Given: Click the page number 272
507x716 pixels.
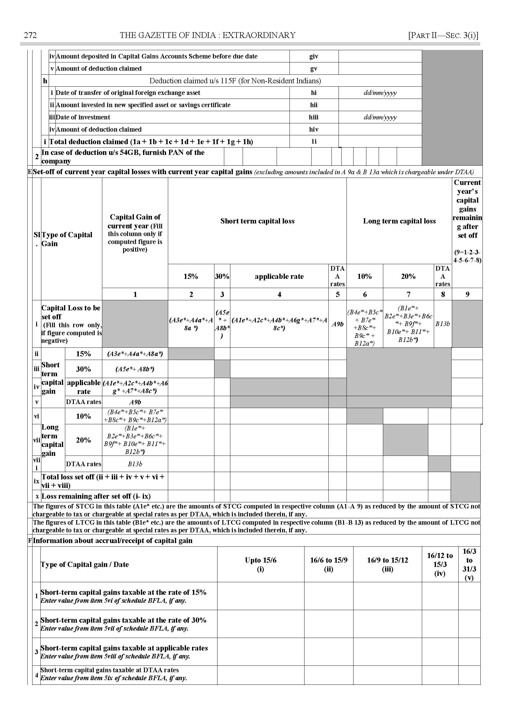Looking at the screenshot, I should (30, 35).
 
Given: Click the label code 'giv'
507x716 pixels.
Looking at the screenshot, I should (314, 56).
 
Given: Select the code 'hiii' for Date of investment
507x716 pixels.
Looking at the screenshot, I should (314, 117).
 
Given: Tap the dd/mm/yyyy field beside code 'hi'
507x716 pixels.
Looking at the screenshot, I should (380, 93).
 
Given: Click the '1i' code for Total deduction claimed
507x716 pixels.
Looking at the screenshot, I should (314, 142).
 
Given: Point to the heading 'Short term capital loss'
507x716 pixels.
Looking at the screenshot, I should (257, 221).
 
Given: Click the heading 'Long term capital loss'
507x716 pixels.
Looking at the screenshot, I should (399, 221).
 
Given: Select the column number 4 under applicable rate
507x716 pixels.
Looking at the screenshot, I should (279, 294).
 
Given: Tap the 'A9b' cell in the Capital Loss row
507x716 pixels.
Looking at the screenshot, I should (338, 324).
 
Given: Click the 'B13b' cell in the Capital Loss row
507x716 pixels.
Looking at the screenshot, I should (442, 324).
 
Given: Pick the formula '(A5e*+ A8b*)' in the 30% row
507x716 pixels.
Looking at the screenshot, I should (135, 369).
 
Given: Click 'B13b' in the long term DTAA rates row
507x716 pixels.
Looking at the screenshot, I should (135, 464).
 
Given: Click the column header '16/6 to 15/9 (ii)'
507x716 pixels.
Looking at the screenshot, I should (328, 564).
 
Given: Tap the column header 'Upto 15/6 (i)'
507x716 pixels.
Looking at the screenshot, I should (260, 564).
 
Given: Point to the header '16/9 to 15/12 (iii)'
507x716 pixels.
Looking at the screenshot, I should (388, 564).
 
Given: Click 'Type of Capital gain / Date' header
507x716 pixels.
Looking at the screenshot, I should (85, 564).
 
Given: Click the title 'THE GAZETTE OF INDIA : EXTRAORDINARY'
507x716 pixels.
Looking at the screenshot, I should (208, 35).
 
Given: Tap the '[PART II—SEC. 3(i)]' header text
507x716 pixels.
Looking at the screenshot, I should (443, 35).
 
